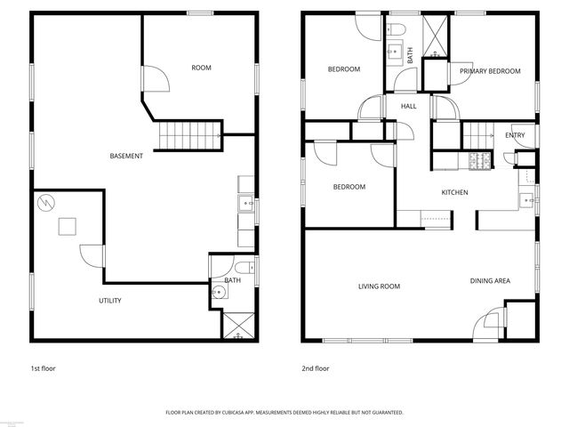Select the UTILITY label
pos(109,301)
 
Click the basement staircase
pos(189,136)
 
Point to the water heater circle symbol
pos(45,204)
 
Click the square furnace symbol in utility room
pos(68,227)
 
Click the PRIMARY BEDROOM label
pos(489,70)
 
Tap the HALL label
pos(408,107)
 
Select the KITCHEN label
pos(454,193)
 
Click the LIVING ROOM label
pos(379,286)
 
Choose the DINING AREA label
pos(490,281)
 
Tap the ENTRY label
pos(514,135)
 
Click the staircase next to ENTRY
pos(478,136)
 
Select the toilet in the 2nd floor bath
pos(397,32)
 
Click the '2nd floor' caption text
pos(316,368)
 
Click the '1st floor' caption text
pos(44,368)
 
